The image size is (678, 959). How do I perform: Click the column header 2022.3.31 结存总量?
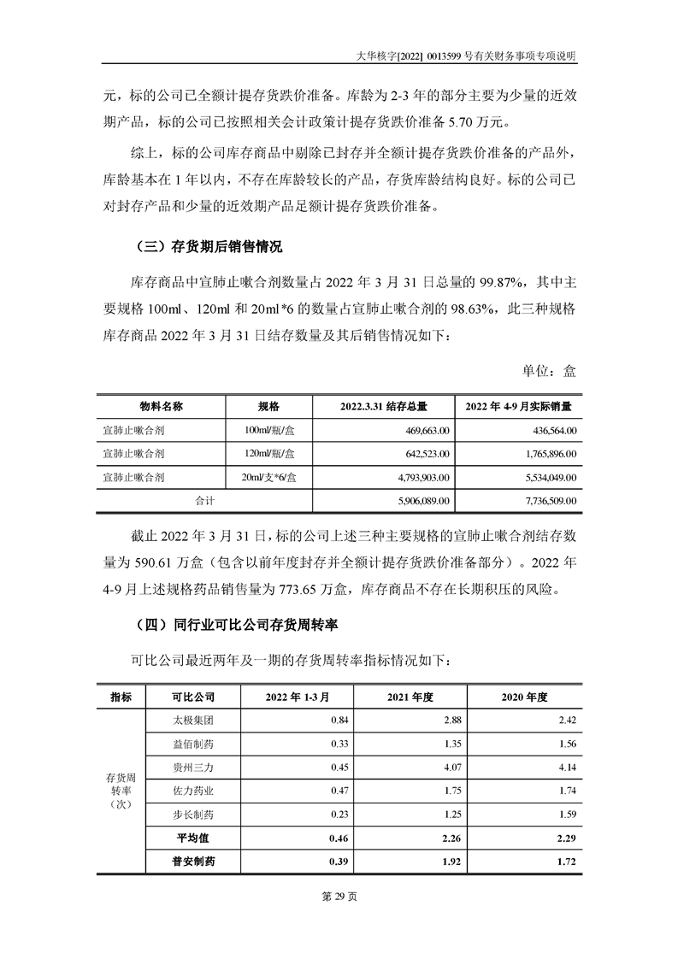pyautogui.click(x=383, y=405)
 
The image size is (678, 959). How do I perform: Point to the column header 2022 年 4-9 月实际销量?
pyautogui.click(x=518, y=405)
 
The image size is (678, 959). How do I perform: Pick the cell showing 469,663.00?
pyautogui.click(x=425, y=430)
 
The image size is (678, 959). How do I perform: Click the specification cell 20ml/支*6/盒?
pyautogui.click(x=268, y=477)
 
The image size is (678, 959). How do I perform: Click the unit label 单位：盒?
pyautogui.click(x=549, y=371)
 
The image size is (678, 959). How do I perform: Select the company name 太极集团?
pyautogui.click(x=192, y=720)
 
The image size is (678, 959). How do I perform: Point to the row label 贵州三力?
pyautogui.click(x=192, y=767)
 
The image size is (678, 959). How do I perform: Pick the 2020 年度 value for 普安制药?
pyautogui.click(x=563, y=862)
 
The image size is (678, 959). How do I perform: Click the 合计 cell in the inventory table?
pyautogui.click(x=205, y=500)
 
